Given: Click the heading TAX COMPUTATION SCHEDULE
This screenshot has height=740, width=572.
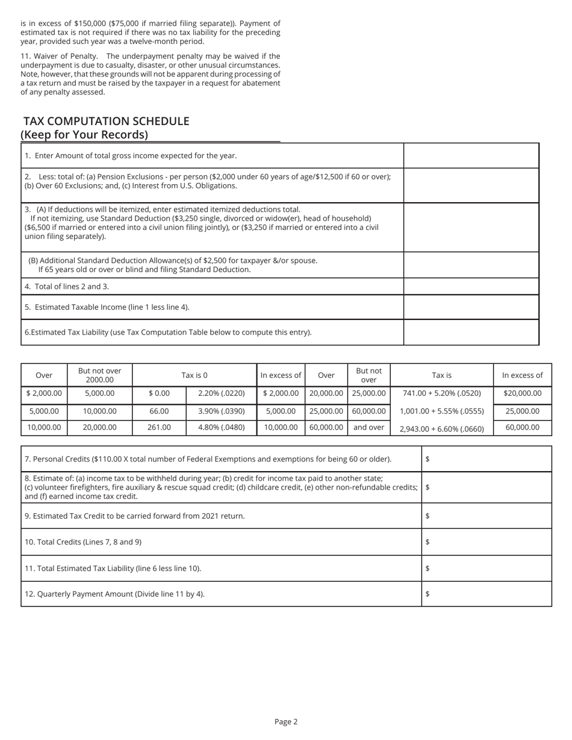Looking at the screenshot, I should point(106,121).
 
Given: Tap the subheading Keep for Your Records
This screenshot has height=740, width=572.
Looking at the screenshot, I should point(84,135).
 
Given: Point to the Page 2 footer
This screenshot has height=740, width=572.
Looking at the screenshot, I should point(286,721).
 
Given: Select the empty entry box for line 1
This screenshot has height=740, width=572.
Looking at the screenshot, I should point(471,156).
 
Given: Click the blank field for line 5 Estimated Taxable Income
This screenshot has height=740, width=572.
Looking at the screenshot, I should point(471,307).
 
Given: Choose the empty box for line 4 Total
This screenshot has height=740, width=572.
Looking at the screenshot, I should point(471,286).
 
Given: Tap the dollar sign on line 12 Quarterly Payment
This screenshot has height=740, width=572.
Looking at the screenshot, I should point(427,594).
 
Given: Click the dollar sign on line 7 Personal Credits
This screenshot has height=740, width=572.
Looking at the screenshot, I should point(427,459).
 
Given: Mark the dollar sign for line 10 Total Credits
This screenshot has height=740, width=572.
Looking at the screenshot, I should point(427,542).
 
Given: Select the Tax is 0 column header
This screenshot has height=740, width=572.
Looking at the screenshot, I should point(194,375).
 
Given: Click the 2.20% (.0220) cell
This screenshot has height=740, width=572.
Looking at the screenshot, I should point(221,393).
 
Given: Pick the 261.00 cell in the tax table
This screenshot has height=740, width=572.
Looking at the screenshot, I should point(159,427).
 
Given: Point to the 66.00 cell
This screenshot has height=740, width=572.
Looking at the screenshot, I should point(159,412).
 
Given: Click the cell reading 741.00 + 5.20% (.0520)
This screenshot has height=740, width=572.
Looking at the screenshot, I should point(441,393).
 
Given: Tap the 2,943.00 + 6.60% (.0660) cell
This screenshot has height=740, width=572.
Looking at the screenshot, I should point(441,428).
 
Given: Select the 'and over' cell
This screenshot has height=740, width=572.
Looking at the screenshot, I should point(368,427).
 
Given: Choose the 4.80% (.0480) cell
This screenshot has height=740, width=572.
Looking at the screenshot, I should point(221,427).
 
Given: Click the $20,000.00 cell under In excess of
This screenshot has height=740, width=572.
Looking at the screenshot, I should point(522,393).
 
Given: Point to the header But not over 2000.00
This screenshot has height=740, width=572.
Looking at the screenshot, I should point(99,375).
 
